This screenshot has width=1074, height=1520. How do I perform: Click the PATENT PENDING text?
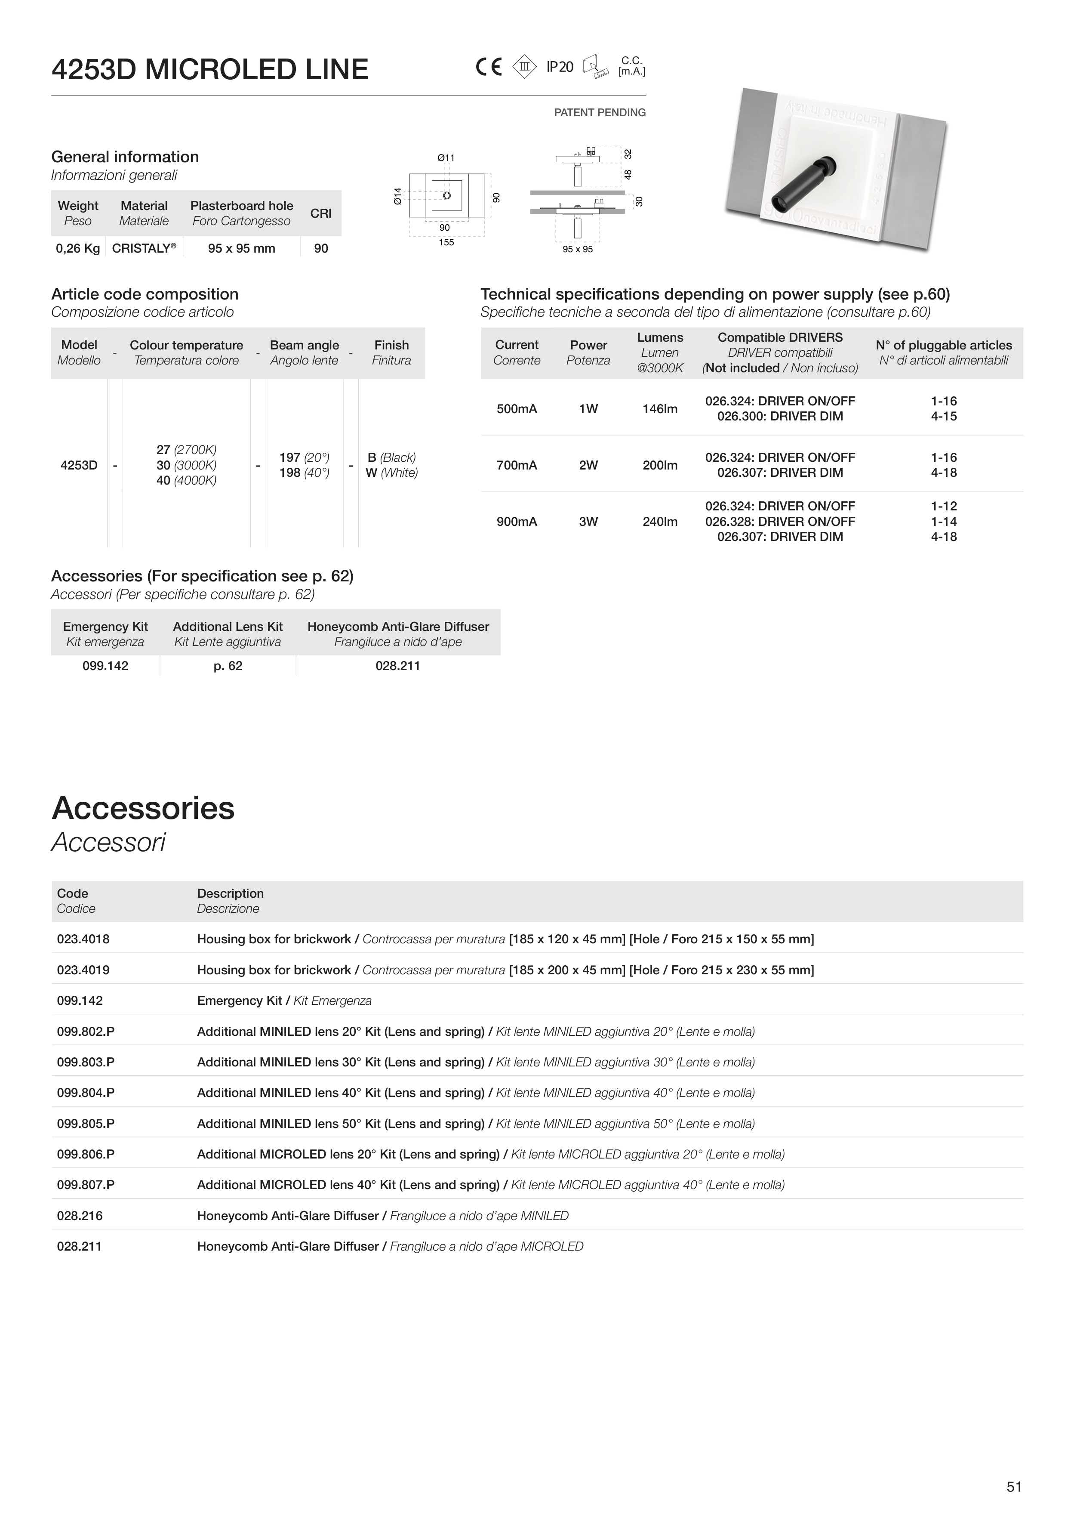[600, 113]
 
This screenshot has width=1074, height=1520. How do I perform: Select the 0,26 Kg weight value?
[77, 248]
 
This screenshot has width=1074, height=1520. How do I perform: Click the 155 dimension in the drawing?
[446, 242]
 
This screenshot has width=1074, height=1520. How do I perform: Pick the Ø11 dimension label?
[446, 158]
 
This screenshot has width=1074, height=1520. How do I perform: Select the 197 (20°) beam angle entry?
[304, 457]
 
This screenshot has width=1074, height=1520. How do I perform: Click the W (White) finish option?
[391, 473]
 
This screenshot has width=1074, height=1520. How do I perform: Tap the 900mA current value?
[517, 522]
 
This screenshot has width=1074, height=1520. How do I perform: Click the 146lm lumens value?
[660, 409]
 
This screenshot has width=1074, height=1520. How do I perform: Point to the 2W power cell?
[588, 465]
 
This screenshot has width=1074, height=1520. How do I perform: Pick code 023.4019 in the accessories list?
[83, 970]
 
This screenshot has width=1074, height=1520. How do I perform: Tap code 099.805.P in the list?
[85, 1124]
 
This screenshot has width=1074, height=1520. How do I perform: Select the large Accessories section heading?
[143, 808]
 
